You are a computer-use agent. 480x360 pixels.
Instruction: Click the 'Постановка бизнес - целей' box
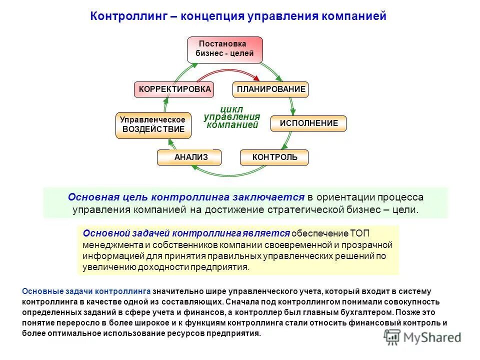tap(224, 49)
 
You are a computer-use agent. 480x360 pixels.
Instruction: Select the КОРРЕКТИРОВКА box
tap(174, 89)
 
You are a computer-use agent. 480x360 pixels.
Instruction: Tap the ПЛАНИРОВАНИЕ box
tap(270, 89)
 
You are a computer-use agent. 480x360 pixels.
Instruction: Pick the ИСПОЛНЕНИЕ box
tap(308, 123)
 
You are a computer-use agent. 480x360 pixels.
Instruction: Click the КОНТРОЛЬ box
tap(274, 157)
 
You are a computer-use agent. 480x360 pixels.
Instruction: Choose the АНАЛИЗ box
tap(190, 157)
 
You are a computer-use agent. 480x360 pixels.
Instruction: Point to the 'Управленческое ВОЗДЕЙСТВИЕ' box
tap(153, 125)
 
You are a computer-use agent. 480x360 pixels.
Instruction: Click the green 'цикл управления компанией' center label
tap(232, 117)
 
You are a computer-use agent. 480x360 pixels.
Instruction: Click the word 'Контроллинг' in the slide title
tap(125, 16)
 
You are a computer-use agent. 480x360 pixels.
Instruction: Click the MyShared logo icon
tap(392, 337)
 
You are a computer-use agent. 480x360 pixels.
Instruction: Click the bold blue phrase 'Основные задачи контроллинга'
tap(86, 291)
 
